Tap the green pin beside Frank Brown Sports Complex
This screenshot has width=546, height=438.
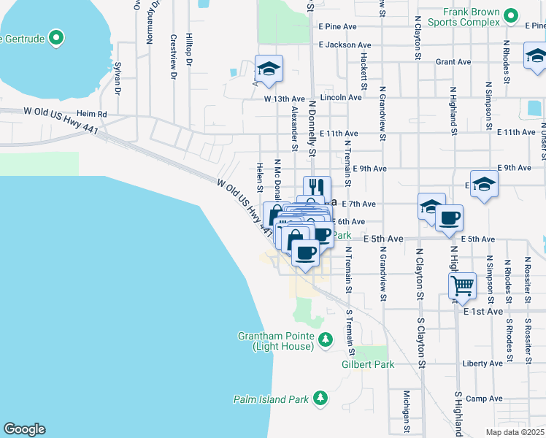click(x=511, y=15)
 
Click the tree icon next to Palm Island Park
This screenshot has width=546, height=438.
click(x=320, y=398)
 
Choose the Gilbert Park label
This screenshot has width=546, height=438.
click(x=368, y=364)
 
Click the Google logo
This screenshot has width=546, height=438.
click(x=24, y=429)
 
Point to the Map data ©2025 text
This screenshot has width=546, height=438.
click(x=515, y=432)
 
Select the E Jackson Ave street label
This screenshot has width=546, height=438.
click(x=337, y=44)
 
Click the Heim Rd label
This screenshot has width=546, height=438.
click(x=92, y=114)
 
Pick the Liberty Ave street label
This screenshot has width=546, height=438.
click(x=483, y=363)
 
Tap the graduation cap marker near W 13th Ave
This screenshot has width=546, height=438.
click(x=268, y=69)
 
